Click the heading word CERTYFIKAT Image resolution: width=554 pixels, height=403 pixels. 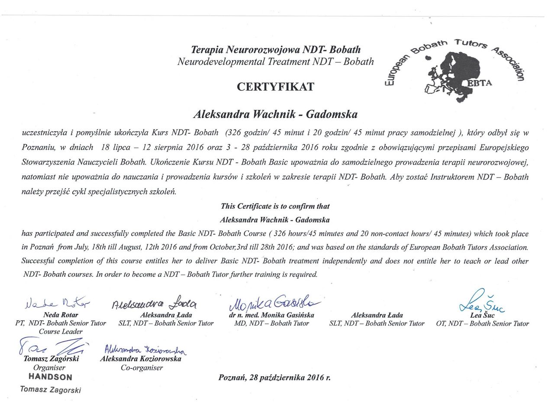point(275,87)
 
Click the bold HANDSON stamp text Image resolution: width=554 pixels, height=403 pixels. point(50,377)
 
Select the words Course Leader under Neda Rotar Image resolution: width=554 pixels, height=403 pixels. point(61,332)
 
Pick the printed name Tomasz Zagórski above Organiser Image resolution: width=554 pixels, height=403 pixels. point(51,359)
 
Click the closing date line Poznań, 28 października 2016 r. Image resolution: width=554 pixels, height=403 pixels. point(274,377)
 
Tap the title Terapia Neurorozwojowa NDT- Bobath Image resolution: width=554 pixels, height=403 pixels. point(276,50)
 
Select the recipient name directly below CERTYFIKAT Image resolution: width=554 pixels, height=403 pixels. point(275,115)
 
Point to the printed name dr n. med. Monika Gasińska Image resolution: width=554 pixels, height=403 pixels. point(271,315)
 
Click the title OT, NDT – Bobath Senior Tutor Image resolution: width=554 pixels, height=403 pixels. point(482,323)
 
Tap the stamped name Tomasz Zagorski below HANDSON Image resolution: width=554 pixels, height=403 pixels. point(50,389)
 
